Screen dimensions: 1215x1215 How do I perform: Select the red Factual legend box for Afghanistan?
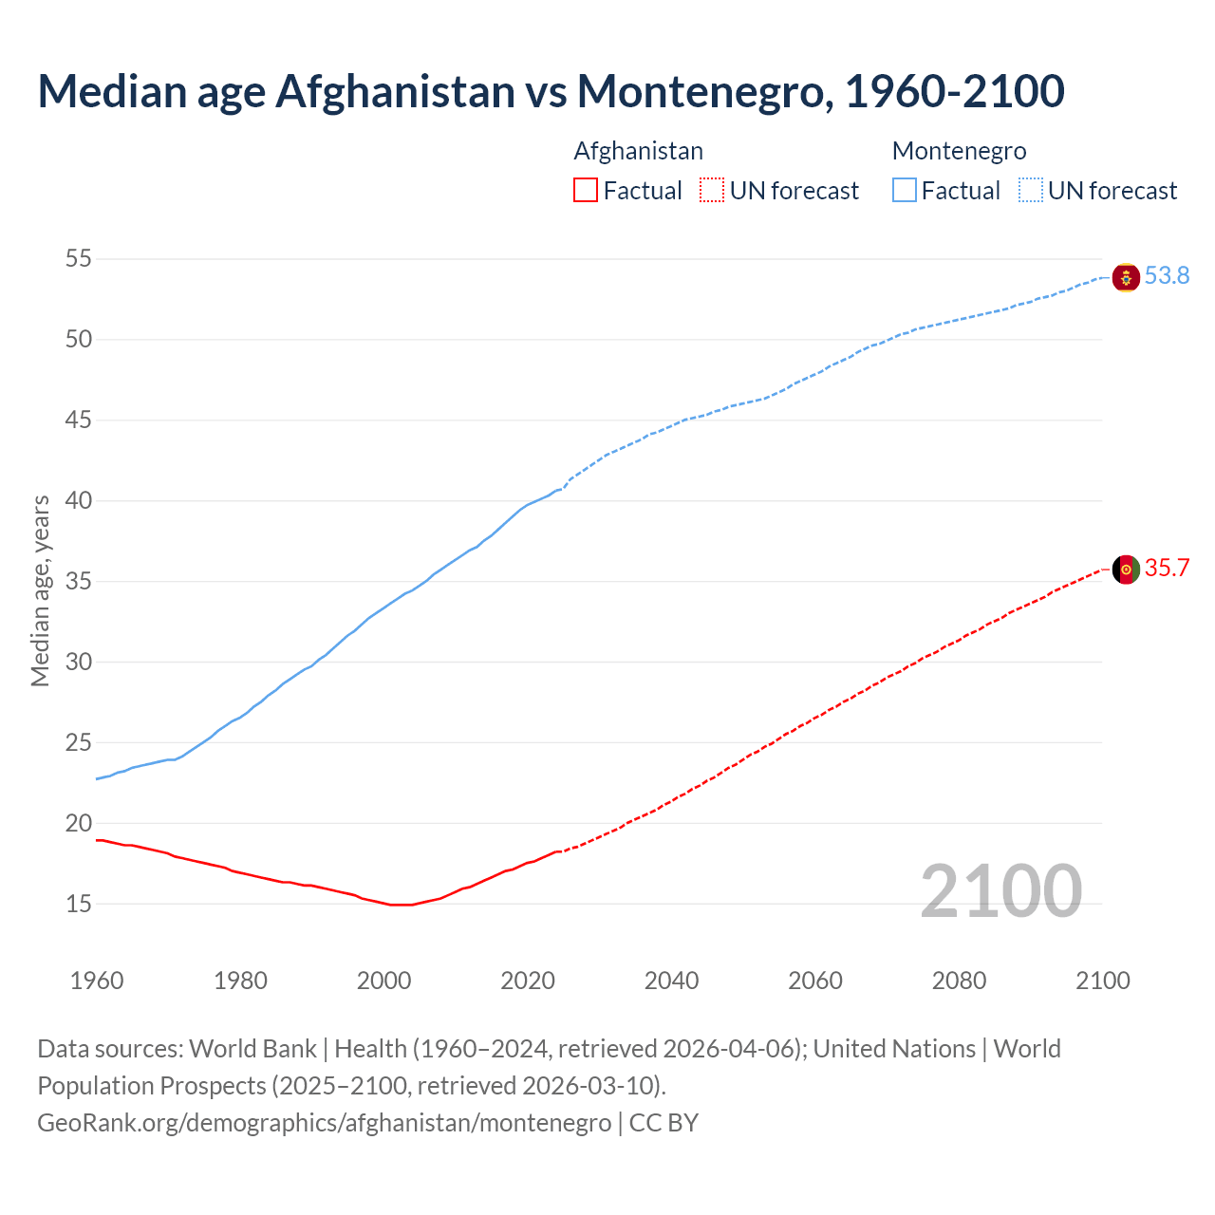click(586, 191)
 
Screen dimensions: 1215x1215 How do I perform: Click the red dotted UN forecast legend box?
click(712, 191)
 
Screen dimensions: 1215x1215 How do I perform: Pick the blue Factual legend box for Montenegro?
click(905, 191)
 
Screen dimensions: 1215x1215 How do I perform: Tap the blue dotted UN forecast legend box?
click(1031, 191)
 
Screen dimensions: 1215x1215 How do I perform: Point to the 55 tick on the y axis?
click(79, 258)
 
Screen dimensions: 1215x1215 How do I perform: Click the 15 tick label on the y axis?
click(79, 904)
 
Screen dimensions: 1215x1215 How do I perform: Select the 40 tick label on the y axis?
click(79, 500)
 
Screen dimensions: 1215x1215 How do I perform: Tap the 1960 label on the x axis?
click(97, 981)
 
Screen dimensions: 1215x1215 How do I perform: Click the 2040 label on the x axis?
click(671, 981)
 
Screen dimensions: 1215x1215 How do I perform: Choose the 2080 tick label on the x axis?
click(959, 981)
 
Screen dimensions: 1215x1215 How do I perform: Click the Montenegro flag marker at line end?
click(1126, 277)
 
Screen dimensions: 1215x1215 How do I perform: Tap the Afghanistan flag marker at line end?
click(1126, 570)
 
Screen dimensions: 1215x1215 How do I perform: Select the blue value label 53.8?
click(1167, 276)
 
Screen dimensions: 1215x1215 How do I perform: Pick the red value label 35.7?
click(1167, 569)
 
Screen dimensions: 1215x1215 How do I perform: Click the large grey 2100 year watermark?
click(1000, 891)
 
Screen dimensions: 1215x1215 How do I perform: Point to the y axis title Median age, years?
click(40, 590)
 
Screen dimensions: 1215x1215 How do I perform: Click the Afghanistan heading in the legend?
click(638, 151)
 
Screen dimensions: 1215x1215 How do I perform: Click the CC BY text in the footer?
click(664, 1123)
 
